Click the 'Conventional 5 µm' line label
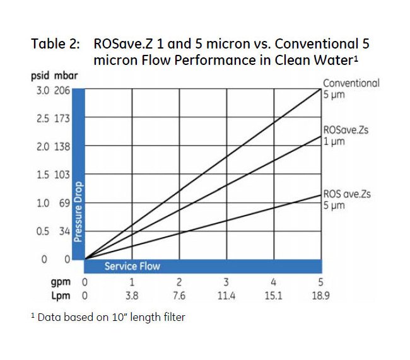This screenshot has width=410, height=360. point(351,89)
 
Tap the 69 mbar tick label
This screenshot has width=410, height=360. point(64,203)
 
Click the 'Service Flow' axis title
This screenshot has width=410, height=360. point(132,266)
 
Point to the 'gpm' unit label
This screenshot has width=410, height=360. point(61,283)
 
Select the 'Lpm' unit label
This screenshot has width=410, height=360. point(61,295)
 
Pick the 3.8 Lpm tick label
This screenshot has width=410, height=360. point(132,295)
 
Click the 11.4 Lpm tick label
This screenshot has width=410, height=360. point(226,295)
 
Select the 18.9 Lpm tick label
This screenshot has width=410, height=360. point(320,295)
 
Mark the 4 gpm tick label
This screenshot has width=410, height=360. point(273,283)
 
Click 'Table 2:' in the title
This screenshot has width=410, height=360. point(56,45)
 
